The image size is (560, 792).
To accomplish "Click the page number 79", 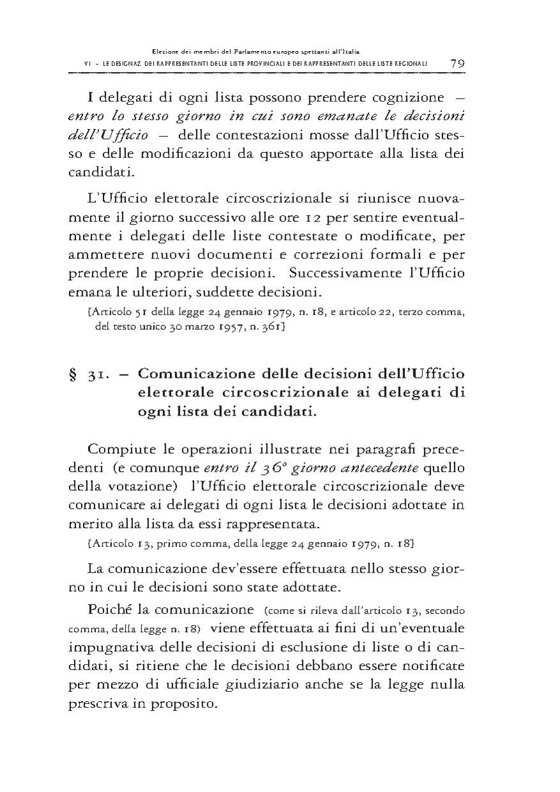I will (457, 63).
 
